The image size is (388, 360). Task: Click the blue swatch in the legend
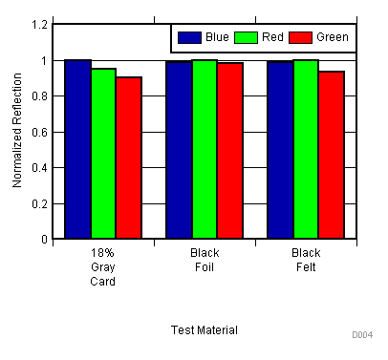pos(189,37)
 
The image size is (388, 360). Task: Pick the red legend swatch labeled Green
pos(302,37)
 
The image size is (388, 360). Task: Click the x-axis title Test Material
pos(205,329)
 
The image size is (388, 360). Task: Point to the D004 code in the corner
pos(361,335)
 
